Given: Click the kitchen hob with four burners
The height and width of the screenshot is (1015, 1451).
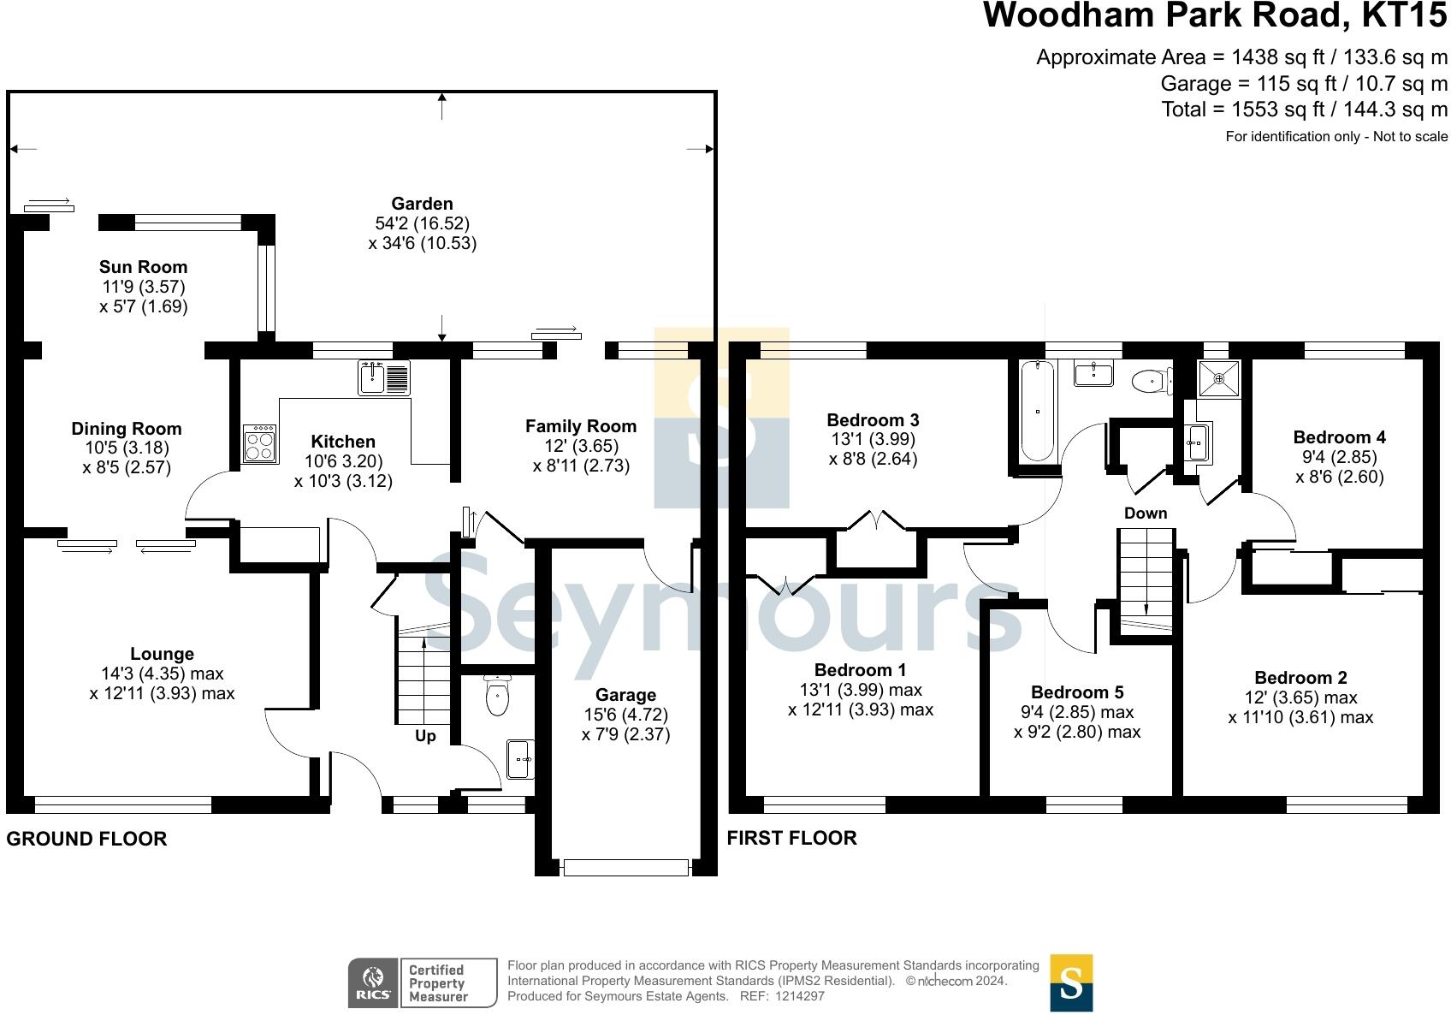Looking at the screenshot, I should coord(260,443).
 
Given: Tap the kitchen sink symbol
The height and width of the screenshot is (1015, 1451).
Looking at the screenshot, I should coord(384,377).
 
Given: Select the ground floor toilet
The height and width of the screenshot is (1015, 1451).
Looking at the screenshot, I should coord(497,695).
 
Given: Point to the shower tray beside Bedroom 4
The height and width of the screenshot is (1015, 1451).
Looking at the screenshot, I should coord(1219,377).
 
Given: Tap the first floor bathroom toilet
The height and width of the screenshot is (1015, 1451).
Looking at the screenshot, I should coord(1151,382).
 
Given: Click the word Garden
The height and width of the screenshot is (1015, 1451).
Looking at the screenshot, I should coord(422,204).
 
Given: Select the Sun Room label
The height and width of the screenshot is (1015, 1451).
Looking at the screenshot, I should coord(143,267).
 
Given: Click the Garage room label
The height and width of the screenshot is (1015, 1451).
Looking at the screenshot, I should coord(625,696).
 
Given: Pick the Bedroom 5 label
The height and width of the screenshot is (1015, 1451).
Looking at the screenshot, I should coord(1077,692).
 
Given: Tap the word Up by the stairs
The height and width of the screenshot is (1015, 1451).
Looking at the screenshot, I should coord(425,736).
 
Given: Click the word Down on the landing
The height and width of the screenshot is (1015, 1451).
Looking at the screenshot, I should coord(1146,513).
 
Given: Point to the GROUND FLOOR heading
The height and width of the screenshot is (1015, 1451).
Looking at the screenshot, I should coord(86,839).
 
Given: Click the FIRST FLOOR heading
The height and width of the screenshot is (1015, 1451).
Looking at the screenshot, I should coord(791,838).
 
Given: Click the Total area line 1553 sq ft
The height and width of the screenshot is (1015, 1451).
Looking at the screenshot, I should coord(1304,110).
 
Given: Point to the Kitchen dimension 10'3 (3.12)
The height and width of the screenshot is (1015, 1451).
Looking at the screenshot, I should coord(343,481).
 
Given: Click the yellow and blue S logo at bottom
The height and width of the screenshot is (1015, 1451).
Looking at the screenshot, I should coord(1071,983).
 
